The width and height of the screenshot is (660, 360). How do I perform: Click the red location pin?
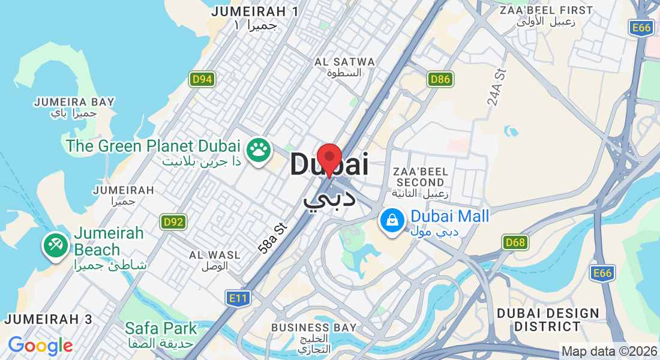click(x=329, y=158)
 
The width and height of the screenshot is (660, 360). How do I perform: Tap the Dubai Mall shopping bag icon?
click(x=391, y=221)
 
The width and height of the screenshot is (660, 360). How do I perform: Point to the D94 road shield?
click(x=202, y=79)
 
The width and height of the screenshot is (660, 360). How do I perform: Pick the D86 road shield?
click(x=440, y=79)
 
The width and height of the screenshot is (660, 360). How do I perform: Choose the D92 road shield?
click(x=173, y=222)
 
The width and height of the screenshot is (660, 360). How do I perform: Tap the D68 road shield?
click(x=515, y=242)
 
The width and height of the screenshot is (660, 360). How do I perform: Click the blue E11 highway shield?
click(x=238, y=298)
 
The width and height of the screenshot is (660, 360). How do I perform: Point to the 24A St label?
click(x=497, y=87)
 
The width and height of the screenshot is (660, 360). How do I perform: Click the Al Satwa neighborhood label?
click(x=344, y=67)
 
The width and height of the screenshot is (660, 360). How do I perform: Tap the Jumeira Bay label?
click(x=74, y=107)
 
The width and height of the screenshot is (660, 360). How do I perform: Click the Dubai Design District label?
click(x=548, y=320)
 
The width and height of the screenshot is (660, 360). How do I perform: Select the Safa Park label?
click(x=160, y=334)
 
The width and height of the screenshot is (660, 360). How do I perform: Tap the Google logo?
click(x=40, y=346)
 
